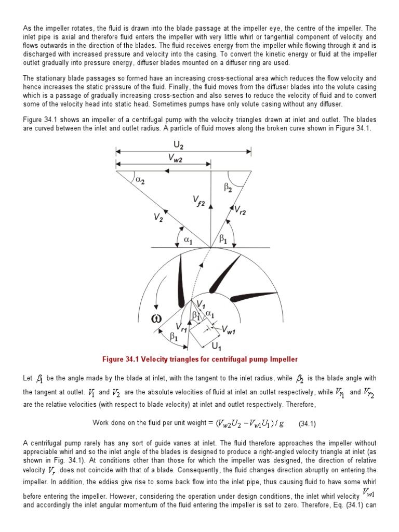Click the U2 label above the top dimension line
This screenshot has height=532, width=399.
(182, 142)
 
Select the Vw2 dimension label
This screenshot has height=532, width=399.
(175, 159)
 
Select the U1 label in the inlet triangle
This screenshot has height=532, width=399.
(217, 345)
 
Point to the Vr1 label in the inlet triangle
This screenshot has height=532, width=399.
(181, 328)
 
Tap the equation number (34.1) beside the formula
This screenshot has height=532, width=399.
(308, 423)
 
